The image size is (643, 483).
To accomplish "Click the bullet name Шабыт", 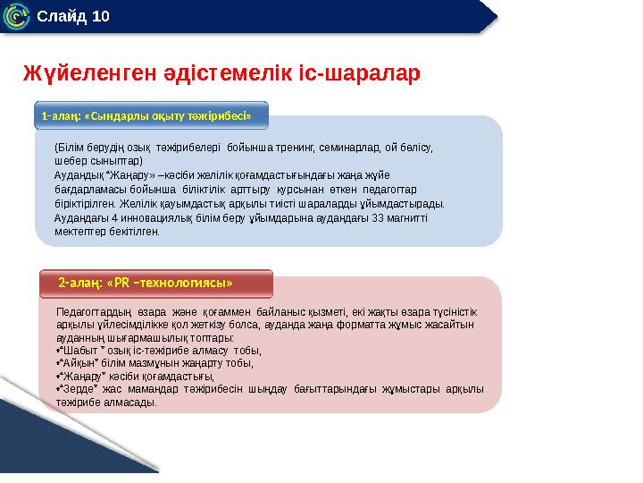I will pyautogui.click(x=78, y=352).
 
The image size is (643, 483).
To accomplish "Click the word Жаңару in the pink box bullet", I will pyautogui.click(x=80, y=377).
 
